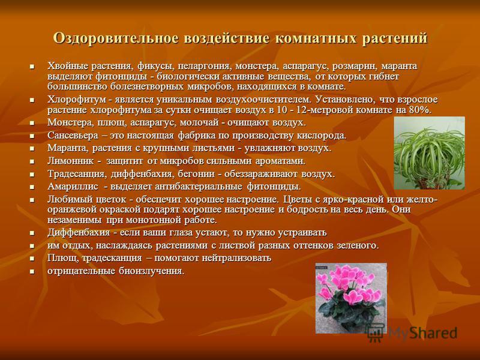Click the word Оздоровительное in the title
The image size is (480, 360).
tap(115, 38)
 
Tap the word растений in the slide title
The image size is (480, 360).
tap(395, 39)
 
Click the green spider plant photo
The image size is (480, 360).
tap(429, 153)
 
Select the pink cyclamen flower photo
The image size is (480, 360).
tap(351, 298)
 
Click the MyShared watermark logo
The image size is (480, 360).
tap(412, 333)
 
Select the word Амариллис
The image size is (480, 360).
tap(73, 187)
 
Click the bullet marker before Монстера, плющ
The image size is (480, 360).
tap(32, 123)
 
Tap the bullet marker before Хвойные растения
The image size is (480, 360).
tap(32, 67)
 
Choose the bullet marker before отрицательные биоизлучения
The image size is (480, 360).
tap(32, 272)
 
